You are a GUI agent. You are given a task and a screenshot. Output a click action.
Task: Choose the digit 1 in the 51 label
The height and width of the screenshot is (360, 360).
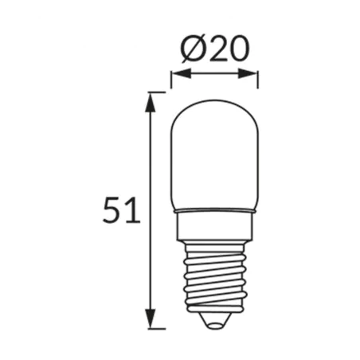(x=132, y=210)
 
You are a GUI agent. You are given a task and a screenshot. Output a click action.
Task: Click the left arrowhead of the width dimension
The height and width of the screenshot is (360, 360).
(x=176, y=74)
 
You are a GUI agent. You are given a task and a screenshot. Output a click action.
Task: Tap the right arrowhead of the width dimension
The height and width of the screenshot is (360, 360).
(x=253, y=74)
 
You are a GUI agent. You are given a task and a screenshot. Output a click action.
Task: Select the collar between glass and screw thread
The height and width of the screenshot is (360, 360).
(x=214, y=222)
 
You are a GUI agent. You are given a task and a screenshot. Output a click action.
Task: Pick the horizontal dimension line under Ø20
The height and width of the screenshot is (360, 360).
(x=214, y=74)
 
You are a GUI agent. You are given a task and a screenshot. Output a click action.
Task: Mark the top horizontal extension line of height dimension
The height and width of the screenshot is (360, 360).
(x=157, y=92)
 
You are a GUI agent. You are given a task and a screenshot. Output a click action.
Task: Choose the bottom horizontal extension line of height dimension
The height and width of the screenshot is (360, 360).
(x=157, y=328)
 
